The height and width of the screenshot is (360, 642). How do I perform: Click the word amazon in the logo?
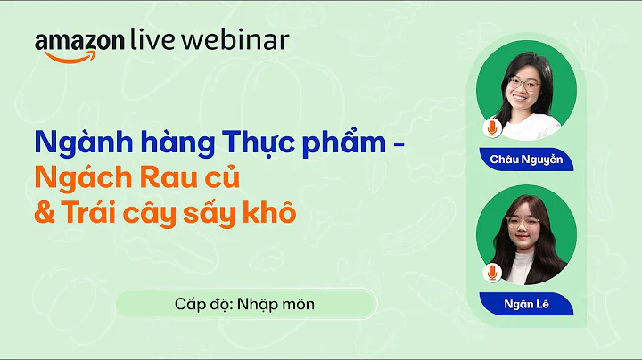(x=79, y=42)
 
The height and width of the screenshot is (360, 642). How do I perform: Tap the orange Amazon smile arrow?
(x=70, y=57)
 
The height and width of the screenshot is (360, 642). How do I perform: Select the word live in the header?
(x=152, y=40)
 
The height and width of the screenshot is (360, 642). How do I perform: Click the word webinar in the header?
(x=235, y=40)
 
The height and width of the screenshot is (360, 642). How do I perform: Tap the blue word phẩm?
(x=344, y=143)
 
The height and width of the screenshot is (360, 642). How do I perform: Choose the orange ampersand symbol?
(x=45, y=213)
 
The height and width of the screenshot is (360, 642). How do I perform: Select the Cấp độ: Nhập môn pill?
(x=246, y=304)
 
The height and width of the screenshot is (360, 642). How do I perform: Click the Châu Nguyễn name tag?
(x=527, y=160)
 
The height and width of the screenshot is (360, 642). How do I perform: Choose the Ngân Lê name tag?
(x=527, y=304)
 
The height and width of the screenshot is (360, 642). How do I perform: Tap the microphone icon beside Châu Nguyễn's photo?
(x=492, y=128)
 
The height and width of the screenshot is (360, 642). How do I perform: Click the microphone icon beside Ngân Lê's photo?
(x=492, y=273)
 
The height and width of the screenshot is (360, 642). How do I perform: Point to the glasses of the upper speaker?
(x=524, y=84)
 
